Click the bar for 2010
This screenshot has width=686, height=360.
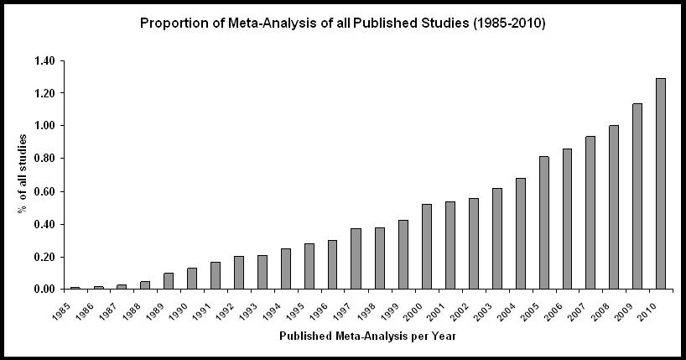[660, 184]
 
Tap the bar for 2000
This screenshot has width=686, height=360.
[426, 247]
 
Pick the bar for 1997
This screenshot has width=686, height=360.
[356, 258]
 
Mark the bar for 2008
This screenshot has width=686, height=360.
[613, 207]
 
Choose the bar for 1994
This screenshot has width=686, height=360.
[285, 269]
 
